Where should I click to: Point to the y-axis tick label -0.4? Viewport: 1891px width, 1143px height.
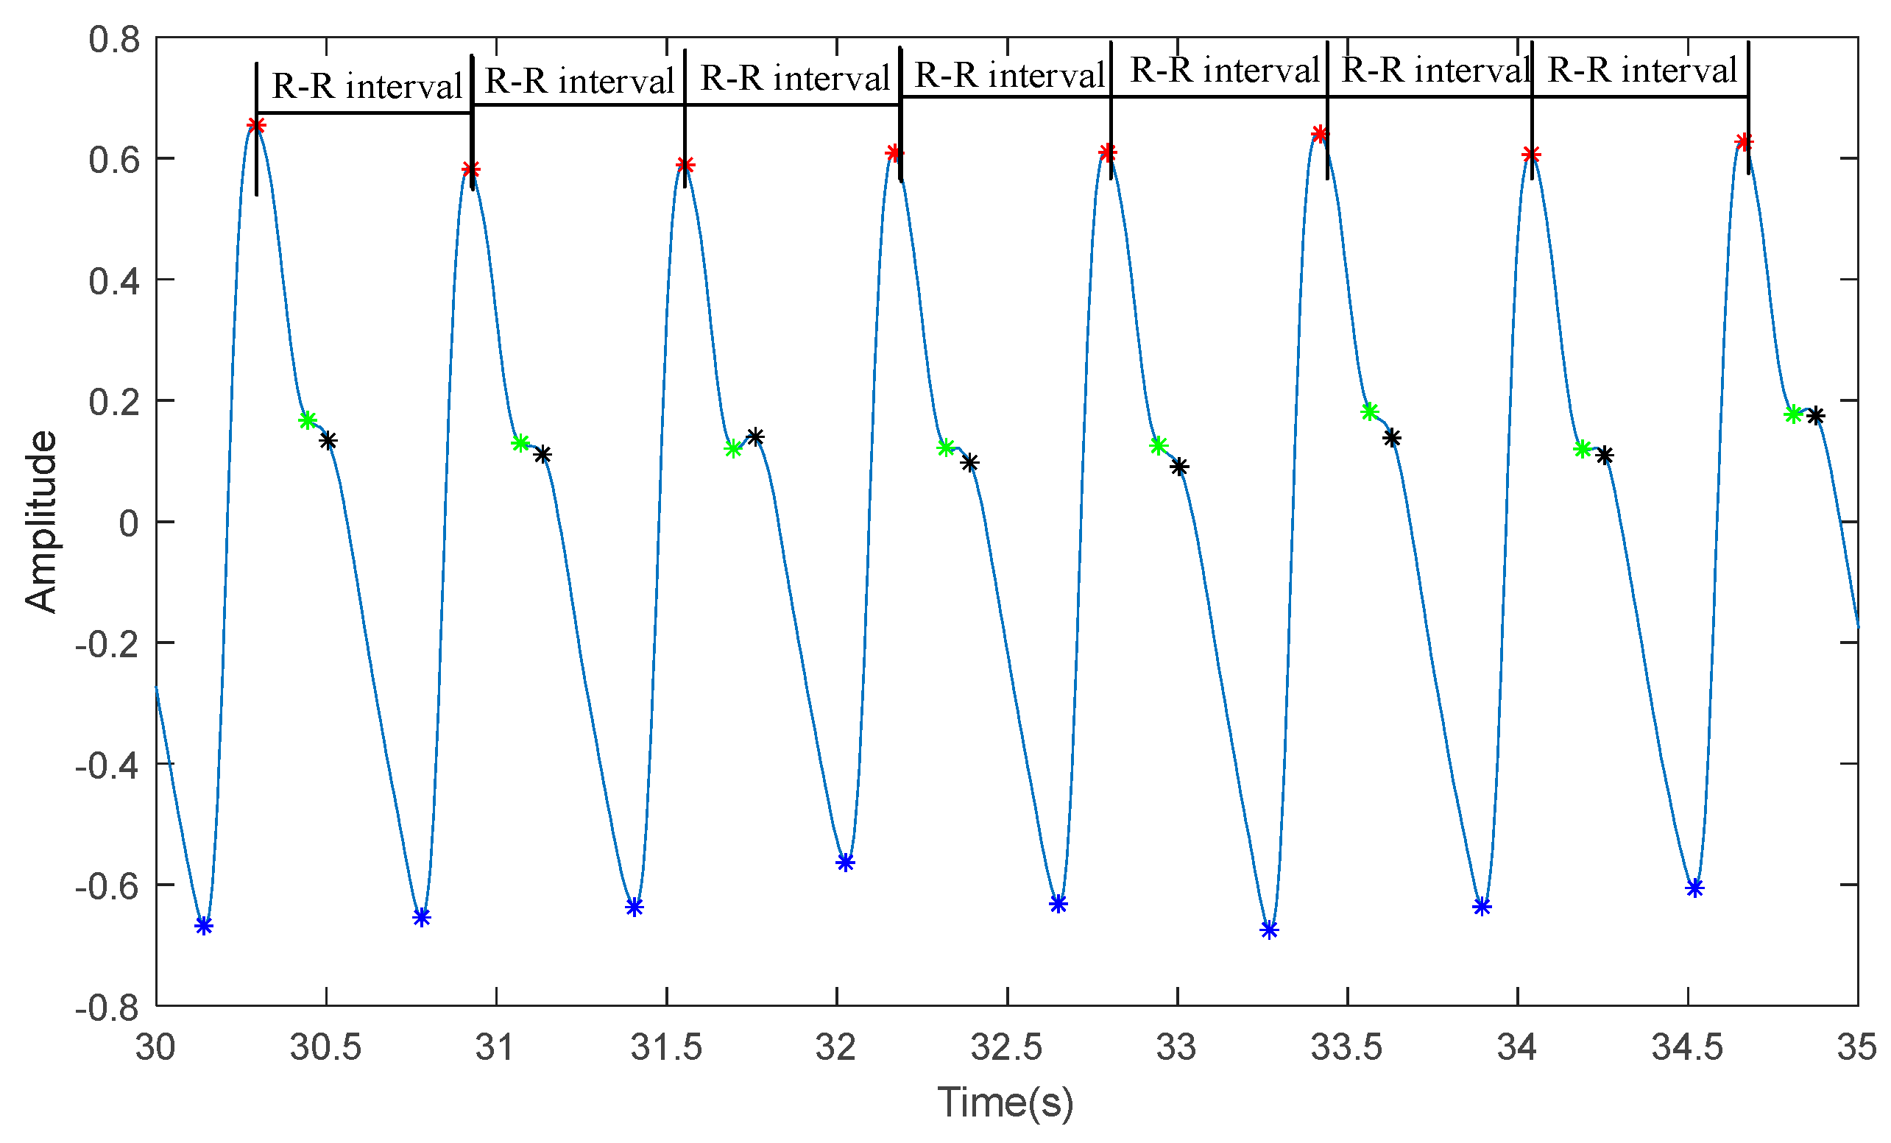point(107,765)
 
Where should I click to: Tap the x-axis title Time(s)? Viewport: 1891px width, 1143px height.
point(1005,1103)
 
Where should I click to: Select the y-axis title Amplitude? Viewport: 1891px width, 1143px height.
point(40,522)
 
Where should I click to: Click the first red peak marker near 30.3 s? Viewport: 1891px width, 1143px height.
point(256,126)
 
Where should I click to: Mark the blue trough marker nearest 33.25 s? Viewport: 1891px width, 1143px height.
point(1269,930)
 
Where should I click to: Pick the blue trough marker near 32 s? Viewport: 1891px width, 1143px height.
point(845,863)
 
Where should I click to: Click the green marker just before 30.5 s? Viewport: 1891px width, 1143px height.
point(308,420)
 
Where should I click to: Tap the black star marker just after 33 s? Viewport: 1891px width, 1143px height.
point(1179,467)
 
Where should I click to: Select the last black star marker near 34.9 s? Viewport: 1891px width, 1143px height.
point(1815,417)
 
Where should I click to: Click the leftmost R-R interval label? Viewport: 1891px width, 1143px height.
point(367,86)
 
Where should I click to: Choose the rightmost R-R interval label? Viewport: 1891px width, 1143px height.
point(1642,71)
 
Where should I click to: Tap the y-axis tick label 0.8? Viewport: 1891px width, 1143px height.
point(114,39)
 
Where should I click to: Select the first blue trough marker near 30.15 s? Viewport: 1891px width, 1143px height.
point(203,926)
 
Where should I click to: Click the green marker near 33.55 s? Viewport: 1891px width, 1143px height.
point(1370,412)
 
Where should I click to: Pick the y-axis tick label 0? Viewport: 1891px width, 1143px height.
point(128,523)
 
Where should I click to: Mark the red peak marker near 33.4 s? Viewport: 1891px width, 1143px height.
point(1319,134)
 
